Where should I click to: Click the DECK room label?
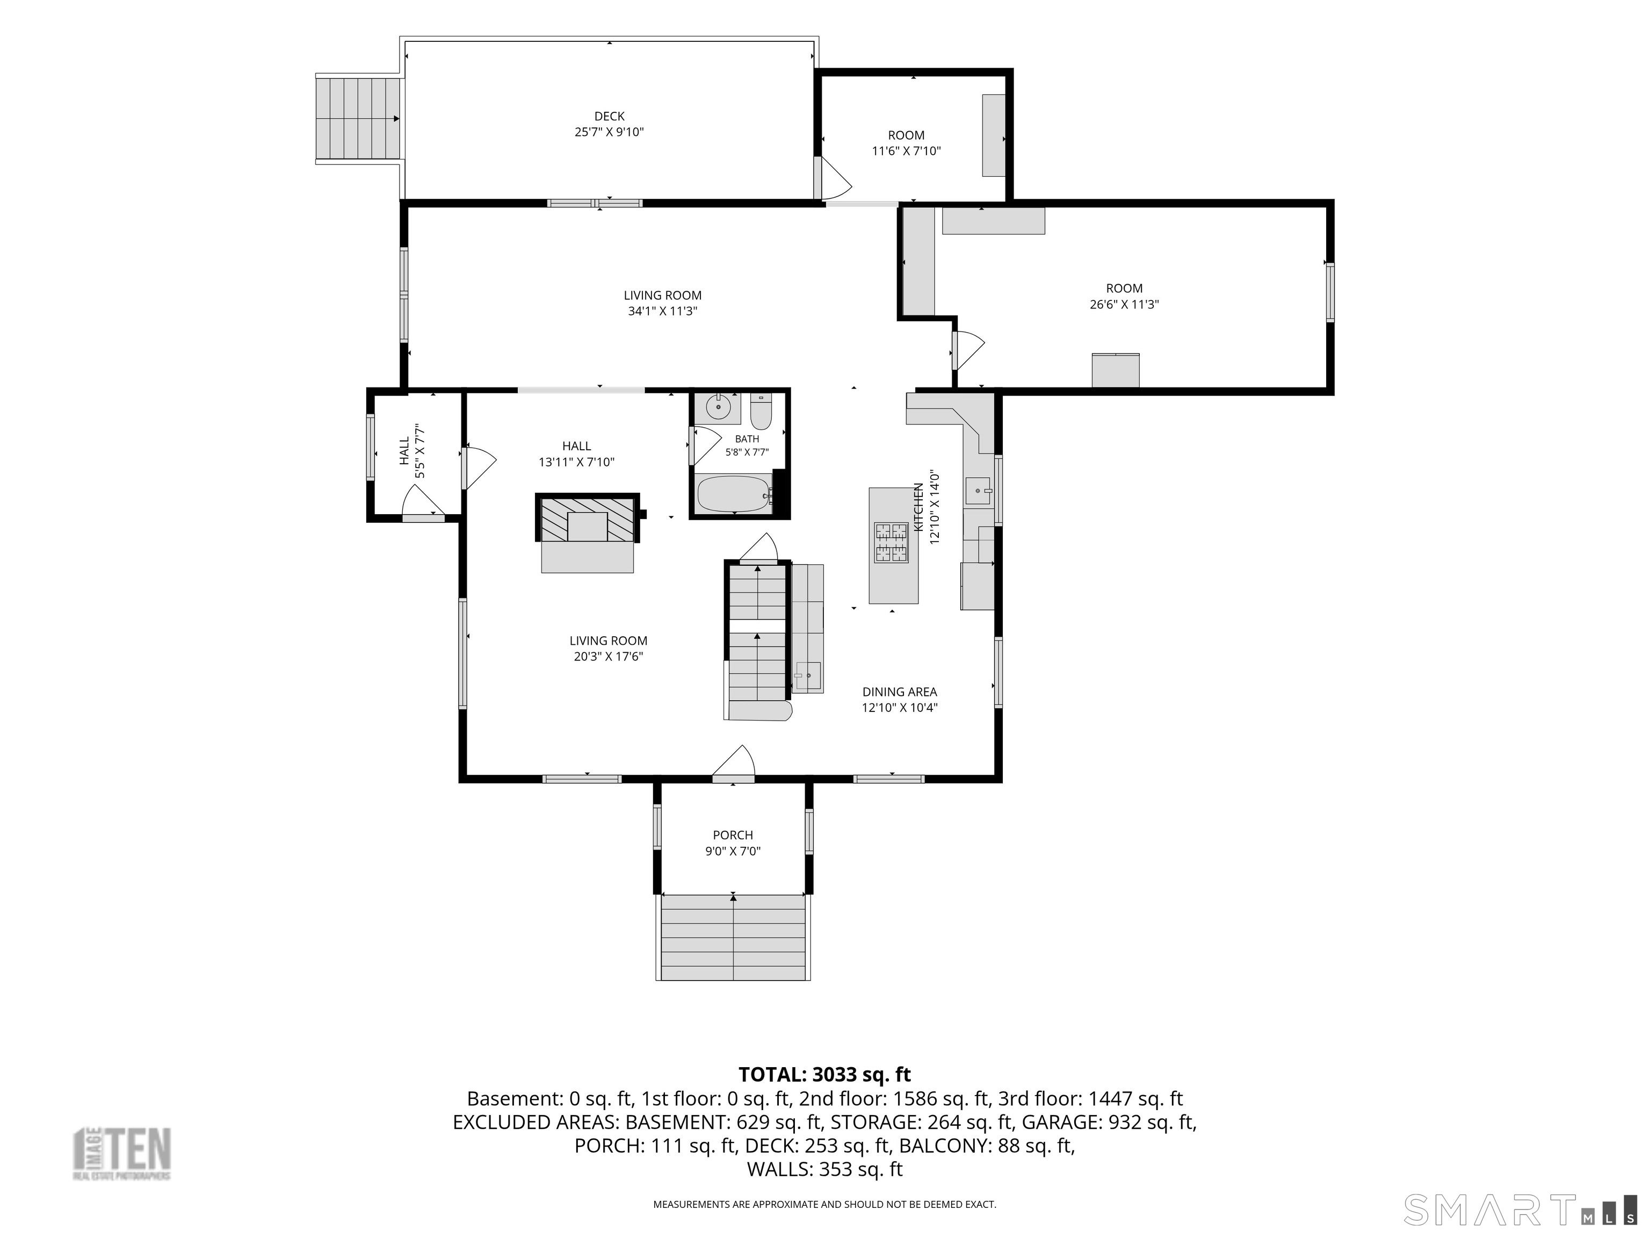coord(610,117)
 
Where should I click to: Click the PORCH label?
coord(733,835)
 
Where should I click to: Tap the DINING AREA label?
coord(900,692)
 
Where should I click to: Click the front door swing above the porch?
coord(734,762)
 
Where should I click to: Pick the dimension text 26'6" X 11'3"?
coord(1124,305)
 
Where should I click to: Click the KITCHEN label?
coord(919,507)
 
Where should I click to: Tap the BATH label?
coord(747,439)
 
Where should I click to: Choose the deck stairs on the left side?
coord(358,119)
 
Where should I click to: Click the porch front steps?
coord(733,937)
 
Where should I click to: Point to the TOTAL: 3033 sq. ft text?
coord(824,1075)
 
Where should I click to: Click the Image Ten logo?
coord(121,1154)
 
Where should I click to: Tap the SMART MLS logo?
coord(1520,1211)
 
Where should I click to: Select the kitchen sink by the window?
coord(978,492)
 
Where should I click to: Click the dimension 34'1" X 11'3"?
coord(662,311)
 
